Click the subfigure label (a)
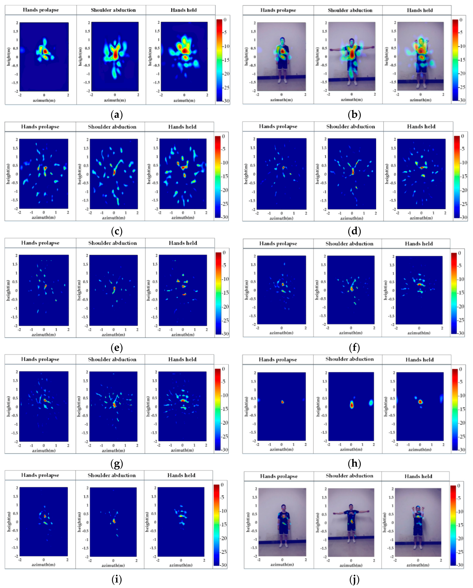117,115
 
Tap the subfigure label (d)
354,231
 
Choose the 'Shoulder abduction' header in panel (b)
350,10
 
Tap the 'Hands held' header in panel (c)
182,127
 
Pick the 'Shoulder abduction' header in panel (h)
350,359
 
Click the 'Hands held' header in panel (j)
418,476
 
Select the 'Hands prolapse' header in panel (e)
40,243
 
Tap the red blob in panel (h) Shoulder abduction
352,405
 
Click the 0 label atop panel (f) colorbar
459,253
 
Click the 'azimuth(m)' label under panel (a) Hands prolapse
44,100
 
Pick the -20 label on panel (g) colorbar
224,423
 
